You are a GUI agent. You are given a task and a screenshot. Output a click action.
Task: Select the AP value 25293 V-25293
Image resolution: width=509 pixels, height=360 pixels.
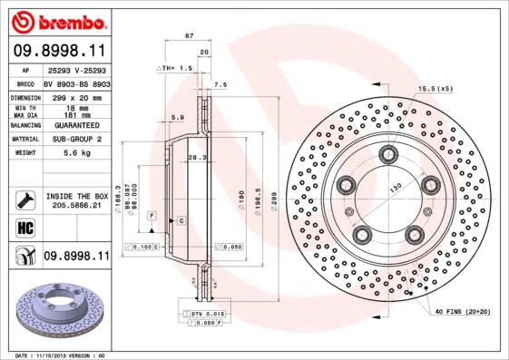coord(76,70)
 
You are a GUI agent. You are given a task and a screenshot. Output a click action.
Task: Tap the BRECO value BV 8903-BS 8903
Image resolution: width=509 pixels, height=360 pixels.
coord(76,83)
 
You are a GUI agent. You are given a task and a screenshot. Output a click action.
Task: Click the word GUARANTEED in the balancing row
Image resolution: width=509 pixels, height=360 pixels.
coord(76,124)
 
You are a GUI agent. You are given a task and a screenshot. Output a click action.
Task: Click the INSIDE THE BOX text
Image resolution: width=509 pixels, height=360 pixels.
coord(76,196)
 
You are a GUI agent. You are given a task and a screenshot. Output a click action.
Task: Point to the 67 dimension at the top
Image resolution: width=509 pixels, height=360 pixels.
coord(189,35)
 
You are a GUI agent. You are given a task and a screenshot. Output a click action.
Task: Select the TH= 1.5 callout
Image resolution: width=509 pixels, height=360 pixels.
coord(179,68)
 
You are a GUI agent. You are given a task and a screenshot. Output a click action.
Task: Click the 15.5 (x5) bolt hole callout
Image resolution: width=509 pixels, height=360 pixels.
coord(434,88)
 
